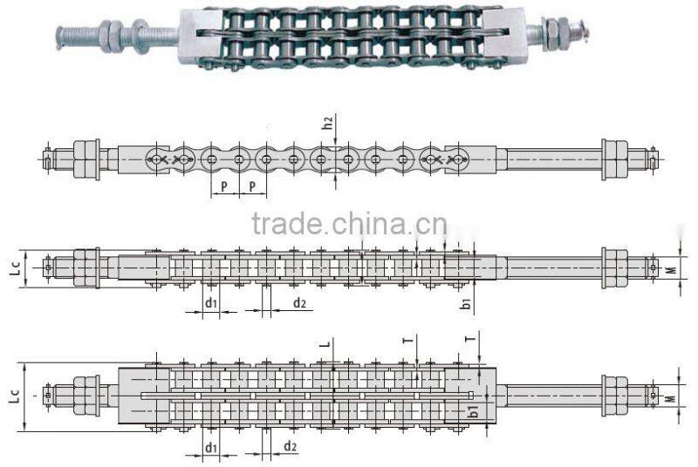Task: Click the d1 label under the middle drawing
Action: pyautogui.click(x=210, y=303)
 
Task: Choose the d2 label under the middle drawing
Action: pyautogui.click(x=299, y=303)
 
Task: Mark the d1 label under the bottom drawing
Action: pyautogui.click(x=210, y=448)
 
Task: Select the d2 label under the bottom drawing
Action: pyautogui.click(x=290, y=448)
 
